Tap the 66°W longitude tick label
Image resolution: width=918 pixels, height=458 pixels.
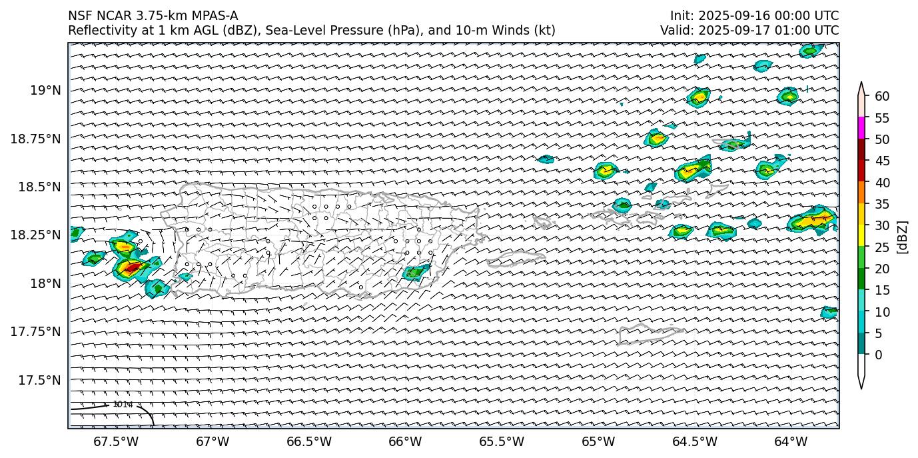pos(405,441)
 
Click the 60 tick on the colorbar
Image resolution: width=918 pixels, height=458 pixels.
pos(882,97)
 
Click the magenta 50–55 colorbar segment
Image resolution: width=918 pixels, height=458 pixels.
pos(861,128)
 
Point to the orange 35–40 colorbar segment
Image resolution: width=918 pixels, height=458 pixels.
pos(861,193)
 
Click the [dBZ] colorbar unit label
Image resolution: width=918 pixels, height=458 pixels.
pos(903,237)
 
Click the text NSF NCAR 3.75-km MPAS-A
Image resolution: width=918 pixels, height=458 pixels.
pos(153,16)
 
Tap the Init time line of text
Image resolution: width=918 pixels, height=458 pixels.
pos(754,16)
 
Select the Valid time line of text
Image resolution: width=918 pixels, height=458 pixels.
pos(749,31)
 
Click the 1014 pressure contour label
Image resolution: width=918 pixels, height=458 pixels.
pos(123,404)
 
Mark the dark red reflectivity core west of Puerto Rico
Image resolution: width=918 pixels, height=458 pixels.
pos(133,268)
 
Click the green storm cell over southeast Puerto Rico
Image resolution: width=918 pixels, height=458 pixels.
pos(417,272)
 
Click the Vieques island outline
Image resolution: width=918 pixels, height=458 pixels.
pos(513,259)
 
